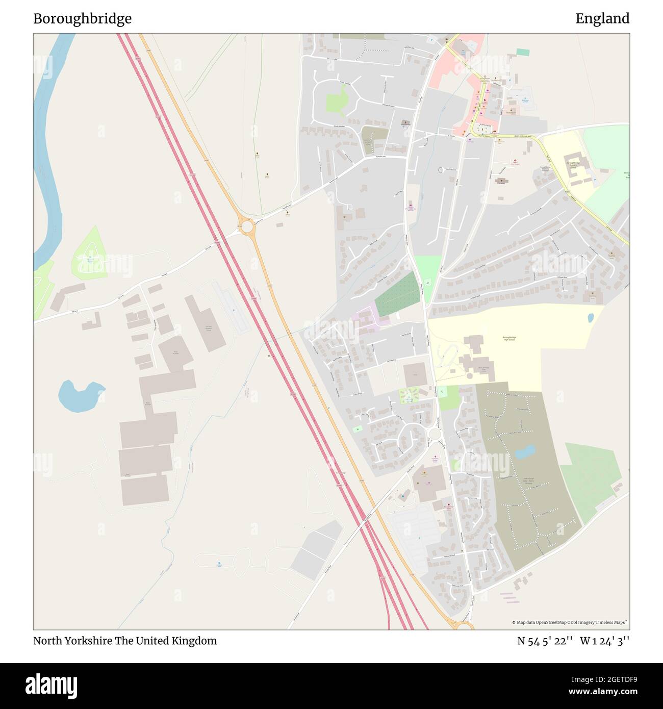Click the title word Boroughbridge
(x=82, y=19)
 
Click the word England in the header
(x=602, y=19)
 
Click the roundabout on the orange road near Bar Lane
(x=247, y=226)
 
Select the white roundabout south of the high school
(x=434, y=434)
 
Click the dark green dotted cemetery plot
(x=397, y=294)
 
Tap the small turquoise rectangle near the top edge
(x=523, y=52)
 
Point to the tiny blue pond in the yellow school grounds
(x=591, y=318)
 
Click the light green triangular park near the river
(x=90, y=255)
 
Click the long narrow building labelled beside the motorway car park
(x=205, y=323)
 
